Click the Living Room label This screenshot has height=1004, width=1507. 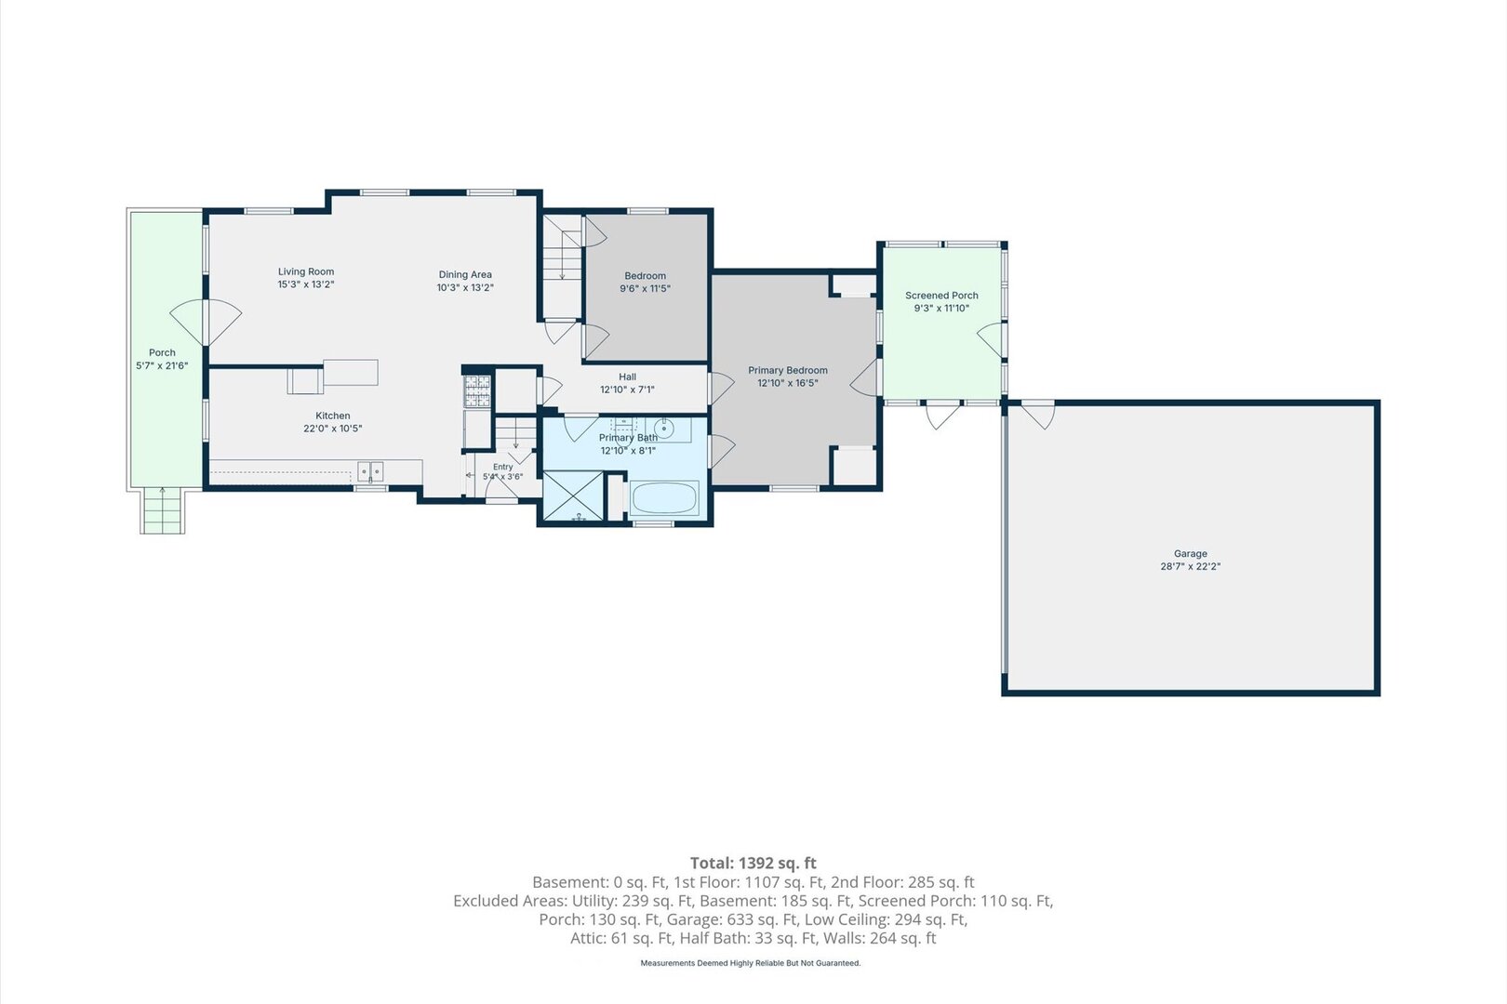tap(306, 271)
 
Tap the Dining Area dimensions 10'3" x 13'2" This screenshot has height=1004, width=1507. tap(465, 288)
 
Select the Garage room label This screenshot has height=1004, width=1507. tap(1190, 553)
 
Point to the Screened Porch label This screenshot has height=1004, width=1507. tap(941, 296)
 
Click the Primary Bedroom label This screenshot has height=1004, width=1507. tap(788, 371)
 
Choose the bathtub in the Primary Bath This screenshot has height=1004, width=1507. tap(664, 498)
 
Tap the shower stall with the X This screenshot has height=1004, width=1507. tap(573, 495)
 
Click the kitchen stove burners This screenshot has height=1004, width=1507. tap(477, 390)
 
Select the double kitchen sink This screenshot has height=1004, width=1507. tap(370, 471)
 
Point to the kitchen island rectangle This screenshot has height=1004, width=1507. tap(351, 373)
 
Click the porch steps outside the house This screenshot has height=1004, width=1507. tap(162, 511)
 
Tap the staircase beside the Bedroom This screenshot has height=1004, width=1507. tap(563, 266)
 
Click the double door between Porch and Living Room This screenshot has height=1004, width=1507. tap(206, 322)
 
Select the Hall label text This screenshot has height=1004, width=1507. tap(627, 377)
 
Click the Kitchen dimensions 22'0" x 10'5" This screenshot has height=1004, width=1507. tap(333, 429)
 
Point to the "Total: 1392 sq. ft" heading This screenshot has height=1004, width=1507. tap(753, 863)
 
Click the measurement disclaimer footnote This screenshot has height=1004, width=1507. tap(750, 963)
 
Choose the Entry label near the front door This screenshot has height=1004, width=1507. tap(502, 467)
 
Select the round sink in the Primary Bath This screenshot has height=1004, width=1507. tap(664, 428)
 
